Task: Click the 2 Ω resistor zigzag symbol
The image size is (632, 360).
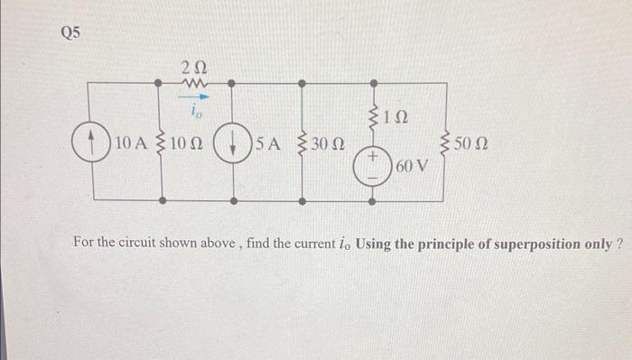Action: tap(195, 83)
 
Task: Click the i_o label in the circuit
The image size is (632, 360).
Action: tap(195, 113)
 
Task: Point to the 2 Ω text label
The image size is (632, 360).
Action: tap(194, 63)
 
